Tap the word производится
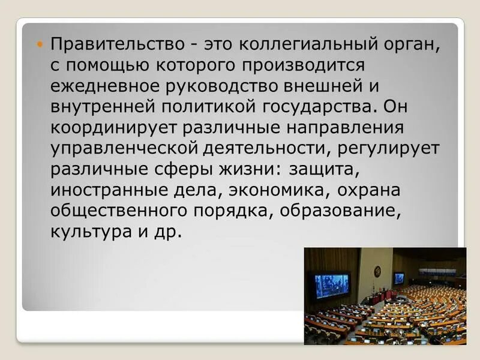click(x=301, y=64)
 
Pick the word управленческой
click(x=125, y=149)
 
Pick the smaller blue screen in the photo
click(x=399, y=278)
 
